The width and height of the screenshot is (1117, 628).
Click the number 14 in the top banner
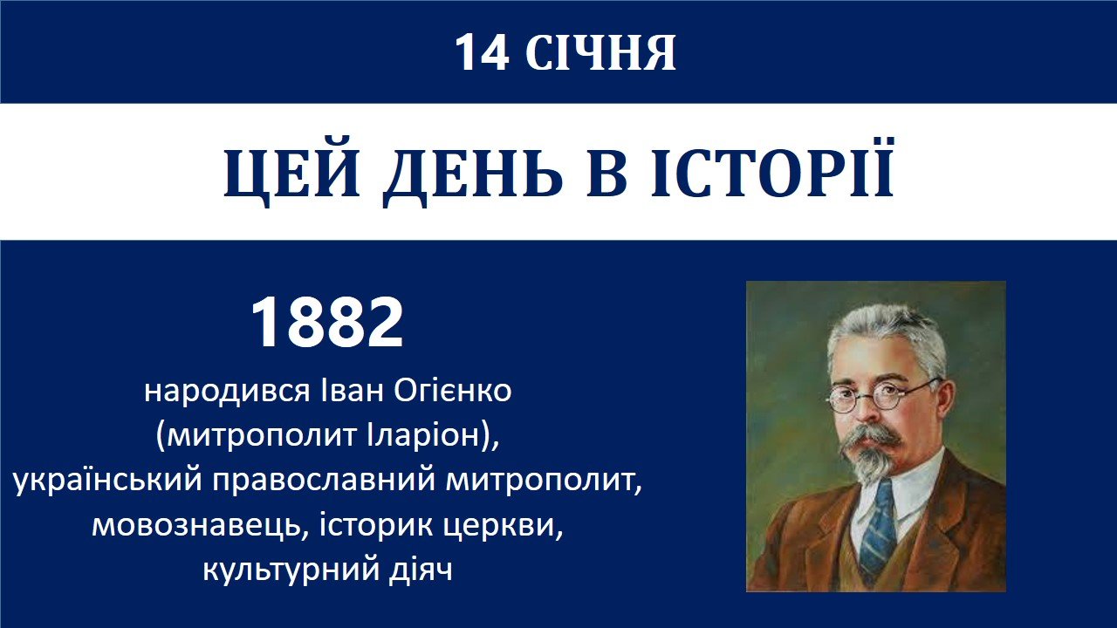click(x=483, y=53)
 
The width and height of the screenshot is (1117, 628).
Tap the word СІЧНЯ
click(x=600, y=53)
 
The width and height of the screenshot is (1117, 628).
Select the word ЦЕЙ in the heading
click(x=291, y=173)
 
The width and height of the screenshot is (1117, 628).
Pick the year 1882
click(x=326, y=322)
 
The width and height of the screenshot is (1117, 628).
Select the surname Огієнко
click(x=452, y=392)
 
